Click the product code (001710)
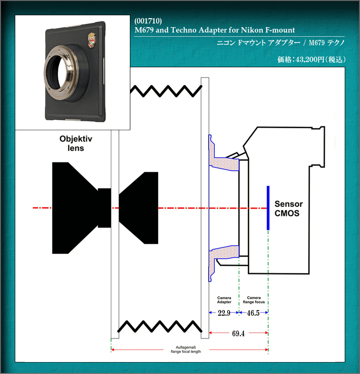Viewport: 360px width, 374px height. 148,21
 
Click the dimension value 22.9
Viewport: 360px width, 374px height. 223,313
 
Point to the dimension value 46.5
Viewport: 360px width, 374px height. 253,313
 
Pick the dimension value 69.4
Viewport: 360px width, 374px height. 238,333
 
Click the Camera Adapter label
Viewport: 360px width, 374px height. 224,300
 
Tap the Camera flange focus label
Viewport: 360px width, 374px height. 254,300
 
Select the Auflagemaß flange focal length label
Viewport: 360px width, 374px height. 186,349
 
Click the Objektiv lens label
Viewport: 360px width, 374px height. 75,143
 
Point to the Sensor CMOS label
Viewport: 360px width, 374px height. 288,208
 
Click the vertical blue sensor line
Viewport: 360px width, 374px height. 268,208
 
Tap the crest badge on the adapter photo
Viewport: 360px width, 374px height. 92,40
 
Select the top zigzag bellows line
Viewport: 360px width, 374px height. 166,91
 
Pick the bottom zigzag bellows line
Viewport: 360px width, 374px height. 160,326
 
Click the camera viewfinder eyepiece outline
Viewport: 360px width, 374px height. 318,147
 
